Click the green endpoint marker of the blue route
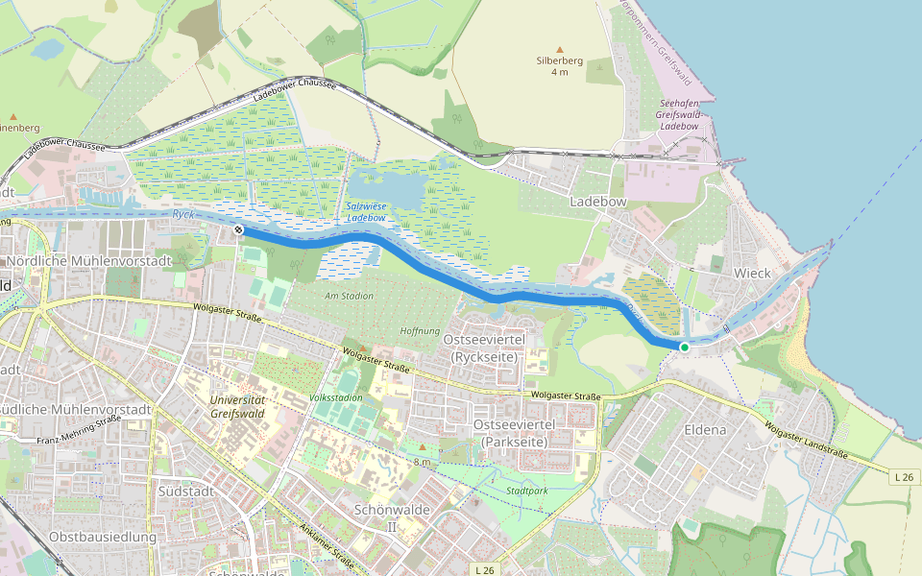(684, 347)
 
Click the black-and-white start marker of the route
(237, 230)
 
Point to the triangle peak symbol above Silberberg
(560, 47)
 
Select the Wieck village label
(752, 273)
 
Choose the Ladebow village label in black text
(598, 203)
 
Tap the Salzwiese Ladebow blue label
(366, 212)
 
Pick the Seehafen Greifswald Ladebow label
(679, 114)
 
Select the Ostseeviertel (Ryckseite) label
(483, 348)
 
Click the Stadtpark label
(526, 491)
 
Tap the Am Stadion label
(349, 296)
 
